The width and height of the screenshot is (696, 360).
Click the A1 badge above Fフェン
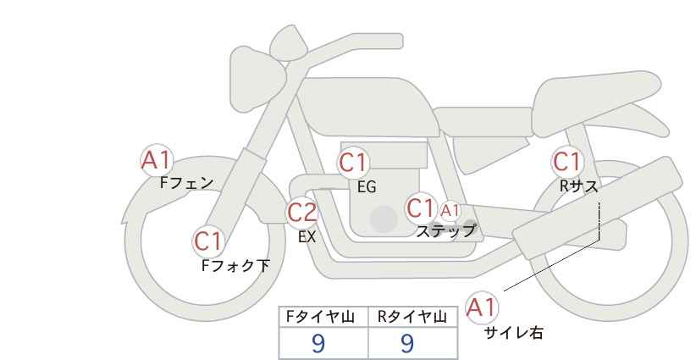156,159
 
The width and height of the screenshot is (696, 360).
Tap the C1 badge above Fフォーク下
208,241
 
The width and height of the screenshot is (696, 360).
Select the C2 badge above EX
302,213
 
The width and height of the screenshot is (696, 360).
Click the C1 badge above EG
354,163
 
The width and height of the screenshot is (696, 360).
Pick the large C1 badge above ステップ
421,208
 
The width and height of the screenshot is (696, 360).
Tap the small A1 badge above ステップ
450,210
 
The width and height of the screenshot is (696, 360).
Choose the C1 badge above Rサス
567,161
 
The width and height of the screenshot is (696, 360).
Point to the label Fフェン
187,182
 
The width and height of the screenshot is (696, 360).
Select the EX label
307,237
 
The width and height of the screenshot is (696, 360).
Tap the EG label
366,187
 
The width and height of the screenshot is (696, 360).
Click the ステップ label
446,230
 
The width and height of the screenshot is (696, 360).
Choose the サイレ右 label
514,333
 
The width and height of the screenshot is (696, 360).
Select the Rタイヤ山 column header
412,316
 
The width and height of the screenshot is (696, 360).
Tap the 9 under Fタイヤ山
318,343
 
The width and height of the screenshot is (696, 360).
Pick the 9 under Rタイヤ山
406,343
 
